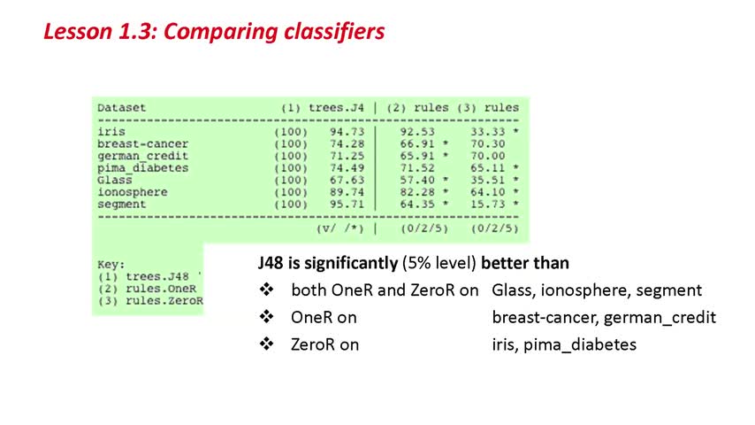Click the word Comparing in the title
(220, 32)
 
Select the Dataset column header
(121, 107)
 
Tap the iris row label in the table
(111, 132)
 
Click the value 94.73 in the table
(347, 132)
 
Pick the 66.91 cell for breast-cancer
(417, 143)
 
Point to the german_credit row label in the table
(142, 157)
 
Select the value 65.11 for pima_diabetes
(488, 168)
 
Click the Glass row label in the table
(115, 180)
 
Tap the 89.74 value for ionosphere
(347, 192)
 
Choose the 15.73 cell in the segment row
(488, 204)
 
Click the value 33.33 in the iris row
(488, 132)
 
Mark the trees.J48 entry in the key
(157, 277)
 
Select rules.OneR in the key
(161, 289)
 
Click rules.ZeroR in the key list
(164, 301)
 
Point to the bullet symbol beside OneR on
(266, 317)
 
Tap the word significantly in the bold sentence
(351, 263)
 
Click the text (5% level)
(439, 263)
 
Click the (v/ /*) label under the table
(340, 228)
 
